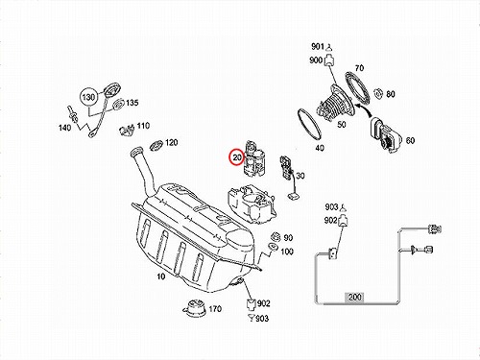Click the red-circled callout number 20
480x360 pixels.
click(237, 157)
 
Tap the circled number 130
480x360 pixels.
click(88, 97)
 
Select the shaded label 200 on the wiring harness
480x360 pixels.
click(355, 297)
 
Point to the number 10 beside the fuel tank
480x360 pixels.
click(161, 276)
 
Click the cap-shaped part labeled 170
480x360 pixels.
click(194, 307)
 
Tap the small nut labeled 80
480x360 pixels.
click(379, 93)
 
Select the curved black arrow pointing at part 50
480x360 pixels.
click(365, 108)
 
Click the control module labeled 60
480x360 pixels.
click(386, 135)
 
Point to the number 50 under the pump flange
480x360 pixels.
click(342, 124)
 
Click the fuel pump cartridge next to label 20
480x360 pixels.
click(254, 157)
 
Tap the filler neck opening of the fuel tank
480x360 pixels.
click(137, 150)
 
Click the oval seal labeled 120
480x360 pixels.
click(156, 145)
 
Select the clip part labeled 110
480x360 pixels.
click(127, 130)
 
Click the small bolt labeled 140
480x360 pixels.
click(71, 114)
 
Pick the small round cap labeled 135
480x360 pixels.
click(119, 105)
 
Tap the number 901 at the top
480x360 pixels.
click(318, 47)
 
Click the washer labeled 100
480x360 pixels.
click(273, 247)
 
